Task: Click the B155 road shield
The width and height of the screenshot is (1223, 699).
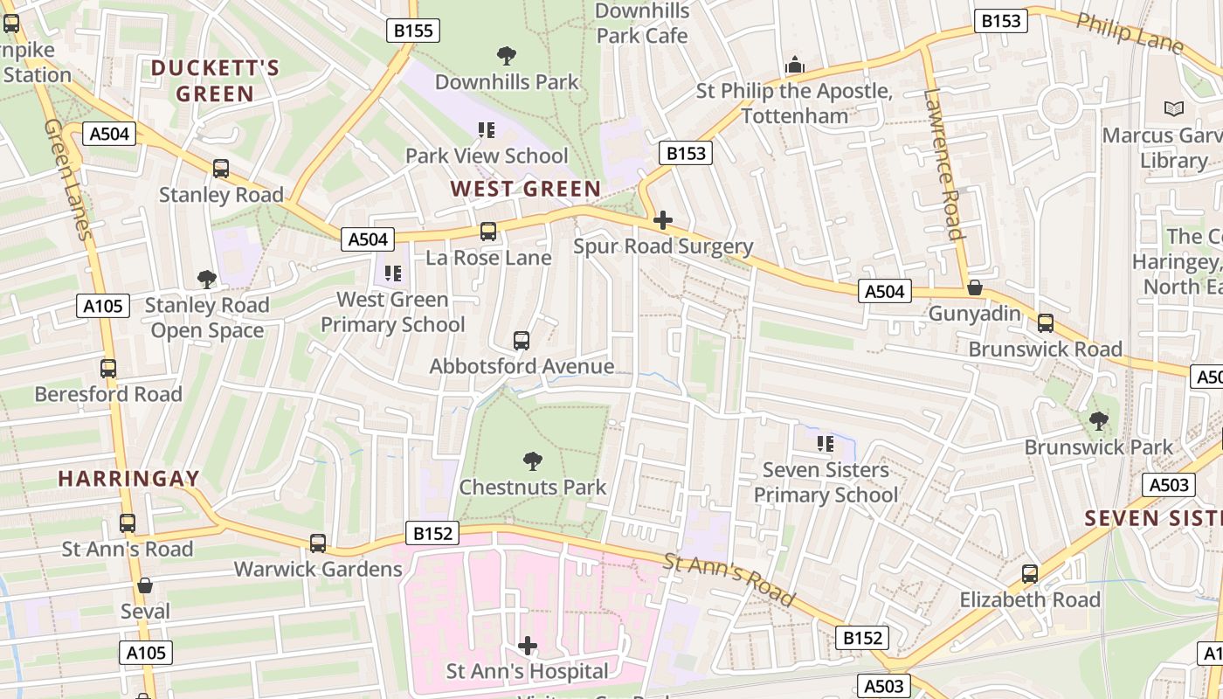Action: coord(413,31)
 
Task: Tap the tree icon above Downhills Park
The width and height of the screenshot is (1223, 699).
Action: coord(506,57)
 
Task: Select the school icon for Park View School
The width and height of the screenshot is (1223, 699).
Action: coord(487,131)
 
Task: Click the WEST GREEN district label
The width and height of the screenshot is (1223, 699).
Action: coord(525,189)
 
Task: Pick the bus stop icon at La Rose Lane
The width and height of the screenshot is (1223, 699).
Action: coord(488,232)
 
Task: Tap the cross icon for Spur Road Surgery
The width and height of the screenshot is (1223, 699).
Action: coord(663,220)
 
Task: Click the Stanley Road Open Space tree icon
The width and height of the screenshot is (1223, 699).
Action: coord(207,280)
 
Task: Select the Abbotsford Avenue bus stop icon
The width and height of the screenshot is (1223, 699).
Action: coord(522,341)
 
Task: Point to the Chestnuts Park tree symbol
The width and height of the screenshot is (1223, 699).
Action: coord(532,461)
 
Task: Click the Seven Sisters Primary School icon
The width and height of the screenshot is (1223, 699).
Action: coord(826,444)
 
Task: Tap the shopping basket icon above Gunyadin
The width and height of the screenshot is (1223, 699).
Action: coord(975,287)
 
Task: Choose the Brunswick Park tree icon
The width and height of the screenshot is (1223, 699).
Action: coord(1099,421)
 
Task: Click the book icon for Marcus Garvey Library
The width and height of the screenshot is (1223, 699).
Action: coord(1174,109)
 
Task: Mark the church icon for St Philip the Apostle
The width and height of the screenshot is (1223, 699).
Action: coord(794,66)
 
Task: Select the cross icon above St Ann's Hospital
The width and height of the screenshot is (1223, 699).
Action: coord(528,646)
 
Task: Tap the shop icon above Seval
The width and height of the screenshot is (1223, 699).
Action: coord(145,585)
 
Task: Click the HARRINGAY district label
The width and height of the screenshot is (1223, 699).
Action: coord(128,479)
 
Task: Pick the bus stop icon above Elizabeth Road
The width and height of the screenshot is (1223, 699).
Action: coord(1030,574)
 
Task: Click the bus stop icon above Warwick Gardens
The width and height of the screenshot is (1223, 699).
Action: coord(318,543)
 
